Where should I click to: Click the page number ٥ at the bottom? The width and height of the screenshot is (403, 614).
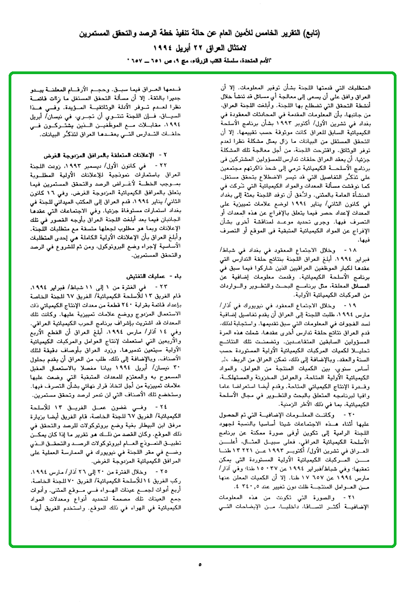coord(200,565)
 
